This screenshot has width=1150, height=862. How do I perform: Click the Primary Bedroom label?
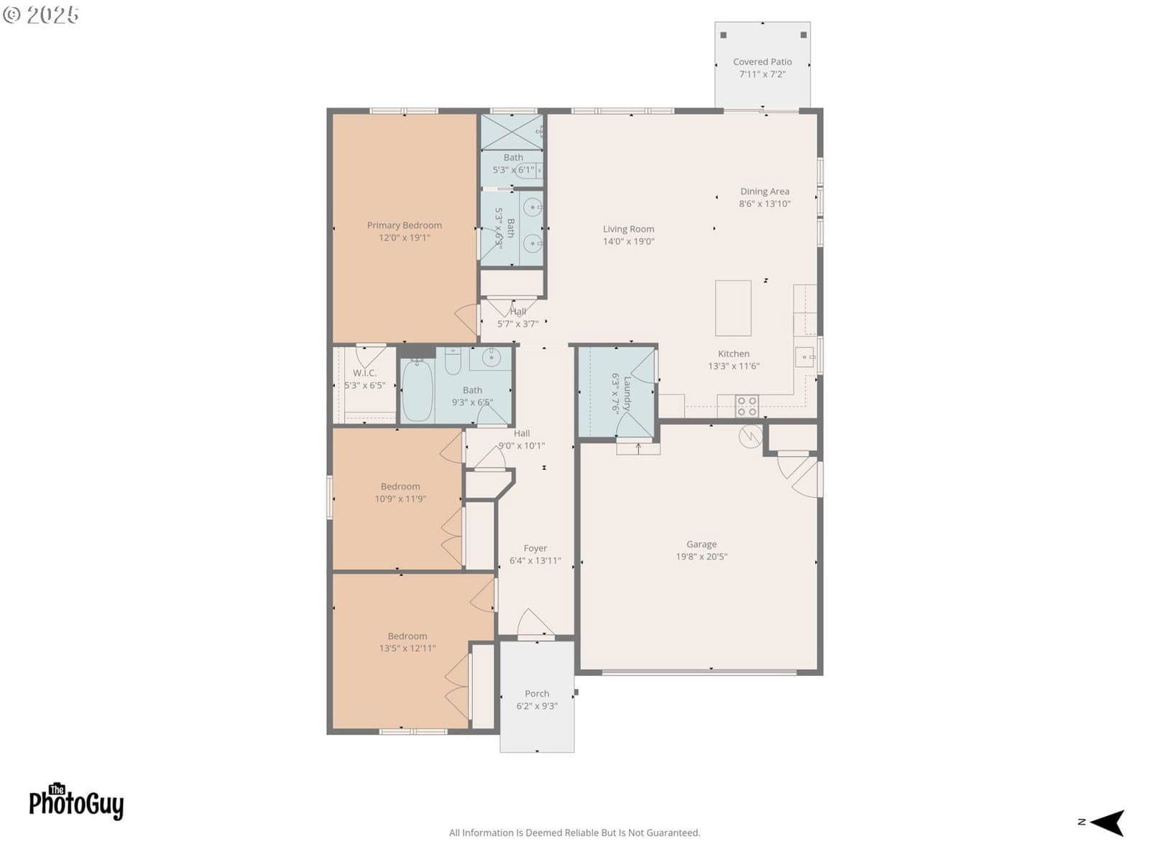(404, 225)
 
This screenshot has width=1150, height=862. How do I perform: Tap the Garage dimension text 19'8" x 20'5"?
(701, 556)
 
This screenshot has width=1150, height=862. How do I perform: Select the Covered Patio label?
(762, 62)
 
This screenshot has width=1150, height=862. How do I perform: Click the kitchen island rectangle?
(733, 307)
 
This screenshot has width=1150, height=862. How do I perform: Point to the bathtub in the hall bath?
(417, 389)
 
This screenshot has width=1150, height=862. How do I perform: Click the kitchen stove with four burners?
(747, 406)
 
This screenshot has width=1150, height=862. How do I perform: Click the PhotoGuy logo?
(76, 801)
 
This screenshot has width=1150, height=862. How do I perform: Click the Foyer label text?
(535, 548)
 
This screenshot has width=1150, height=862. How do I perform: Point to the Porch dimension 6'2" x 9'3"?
(536, 705)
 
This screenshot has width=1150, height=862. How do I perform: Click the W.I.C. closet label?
(364, 373)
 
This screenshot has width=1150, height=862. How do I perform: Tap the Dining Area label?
(765, 192)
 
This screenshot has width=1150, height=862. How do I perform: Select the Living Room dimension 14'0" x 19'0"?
(628, 241)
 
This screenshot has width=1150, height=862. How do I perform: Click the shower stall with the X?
(511, 132)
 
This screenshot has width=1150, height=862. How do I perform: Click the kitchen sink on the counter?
(805, 358)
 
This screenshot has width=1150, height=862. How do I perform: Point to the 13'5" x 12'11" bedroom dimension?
(407, 648)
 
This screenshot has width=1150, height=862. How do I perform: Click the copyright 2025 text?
(40, 14)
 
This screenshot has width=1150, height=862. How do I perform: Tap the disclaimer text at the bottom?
(574, 833)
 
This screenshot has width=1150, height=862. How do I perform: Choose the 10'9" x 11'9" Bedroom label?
(400, 486)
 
